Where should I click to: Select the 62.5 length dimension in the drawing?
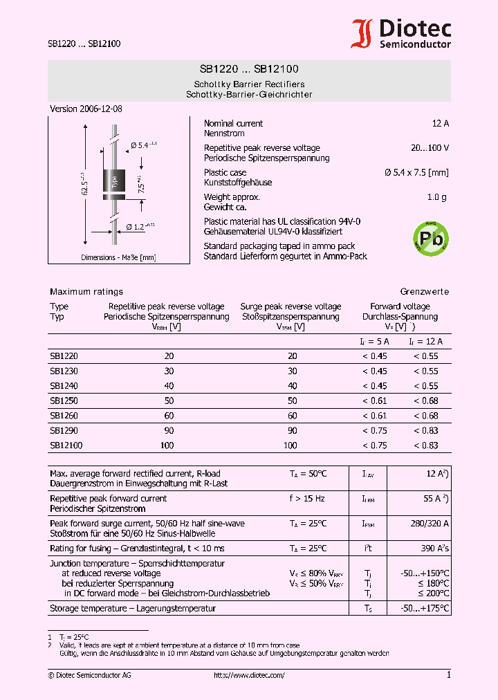coord(84,184)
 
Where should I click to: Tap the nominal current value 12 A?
coord(440,124)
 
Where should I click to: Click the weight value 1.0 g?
coord(436,197)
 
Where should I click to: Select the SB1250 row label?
coord(64,401)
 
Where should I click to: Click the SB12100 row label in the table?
coord(66,446)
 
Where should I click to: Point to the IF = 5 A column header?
coord(374,342)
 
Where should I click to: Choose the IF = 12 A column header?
coord(425,342)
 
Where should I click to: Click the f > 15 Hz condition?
coord(308,499)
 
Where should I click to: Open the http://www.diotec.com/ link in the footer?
coord(249,675)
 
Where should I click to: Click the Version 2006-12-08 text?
coord(86,109)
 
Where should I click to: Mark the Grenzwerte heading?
coord(424,292)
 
